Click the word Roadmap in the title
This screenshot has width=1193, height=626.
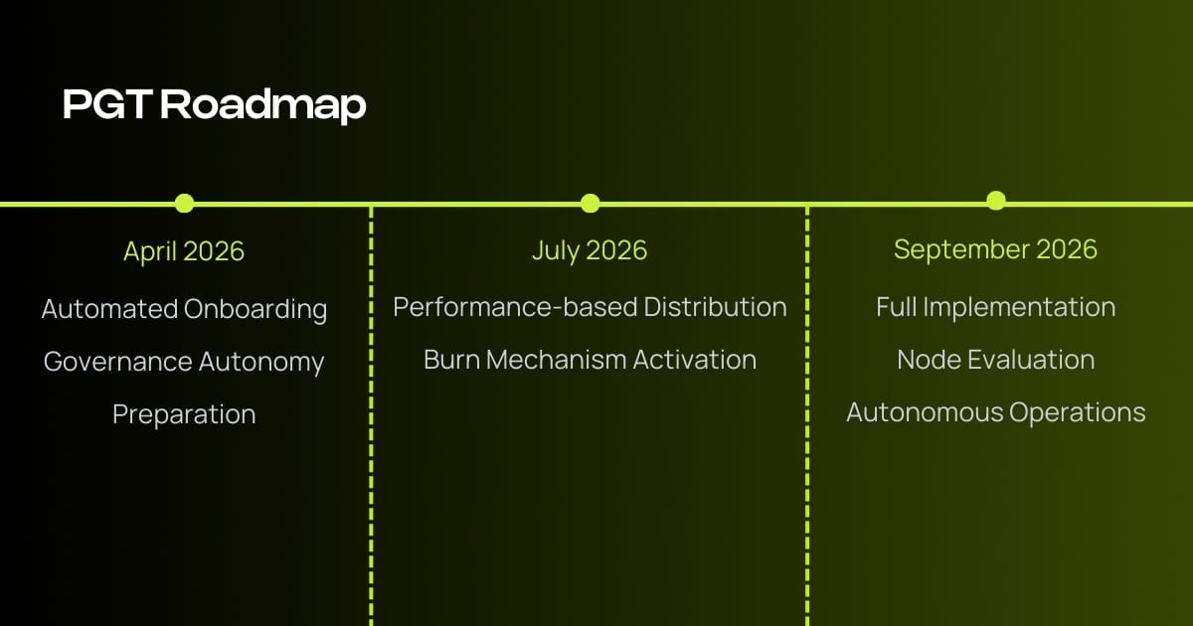pyautogui.click(x=263, y=105)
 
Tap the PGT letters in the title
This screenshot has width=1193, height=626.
pyautogui.click(x=108, y=103)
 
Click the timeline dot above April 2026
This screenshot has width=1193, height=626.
pyautogui.click(x=184, y=204)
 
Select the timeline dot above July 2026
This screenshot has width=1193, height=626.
pyautogui.click(x=591, y=204)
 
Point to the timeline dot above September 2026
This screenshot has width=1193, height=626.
pyautogui.click(x=996, y=201)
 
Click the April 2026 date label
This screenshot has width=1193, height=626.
pyautogui.click(x=184, y=251)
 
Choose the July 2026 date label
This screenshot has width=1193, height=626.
pyautogui.click(x=590, y=250)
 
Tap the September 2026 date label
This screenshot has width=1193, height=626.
pyautogui.click(x=995, y=249)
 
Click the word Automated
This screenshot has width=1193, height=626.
pyautogui.click(x=109, y=309)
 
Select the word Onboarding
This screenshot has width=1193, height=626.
pyautogui.click(x=256, y=310)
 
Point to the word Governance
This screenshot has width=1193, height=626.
pyautogui.click(x=117, y=362)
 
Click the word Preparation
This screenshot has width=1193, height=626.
pyautogui.click(x=184, y=414)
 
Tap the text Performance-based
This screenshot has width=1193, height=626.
pyautogui.click(x=515, y=307)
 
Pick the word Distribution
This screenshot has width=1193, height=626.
pyautogui.click(x=715, y=307)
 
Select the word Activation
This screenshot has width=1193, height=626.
pyautogui.click(x=695, y=360)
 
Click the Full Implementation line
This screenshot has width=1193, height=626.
pyautogui.click(x=996, y=307)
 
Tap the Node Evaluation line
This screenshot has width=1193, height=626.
pyautogui.click(x=996, y=360)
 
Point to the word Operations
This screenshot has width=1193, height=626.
pyautogui.click(x=1078, y=413)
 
